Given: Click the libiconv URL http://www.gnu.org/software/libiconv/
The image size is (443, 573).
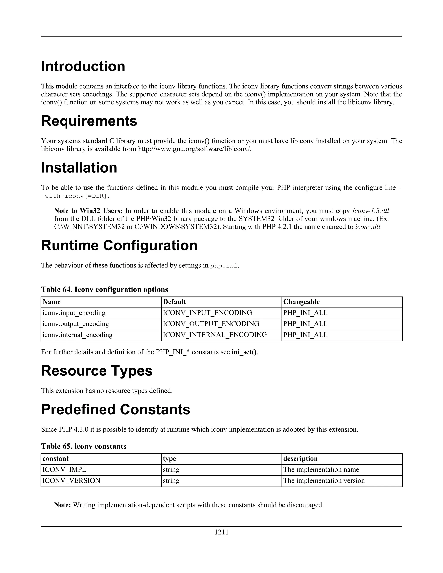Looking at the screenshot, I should coord(194,149).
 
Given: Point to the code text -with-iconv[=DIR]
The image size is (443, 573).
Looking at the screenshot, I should coord(75,196).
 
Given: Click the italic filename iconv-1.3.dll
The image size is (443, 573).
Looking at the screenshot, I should coord(371,211).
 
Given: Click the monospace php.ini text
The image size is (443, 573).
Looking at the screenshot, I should coord(224,266).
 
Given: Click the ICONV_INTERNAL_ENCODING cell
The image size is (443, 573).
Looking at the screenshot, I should coord(215,335).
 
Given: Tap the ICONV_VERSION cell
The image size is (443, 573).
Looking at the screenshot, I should coord(71,480).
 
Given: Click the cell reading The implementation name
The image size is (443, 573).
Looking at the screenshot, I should coord(321,469).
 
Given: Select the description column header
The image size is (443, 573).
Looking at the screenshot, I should coord(300,458).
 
